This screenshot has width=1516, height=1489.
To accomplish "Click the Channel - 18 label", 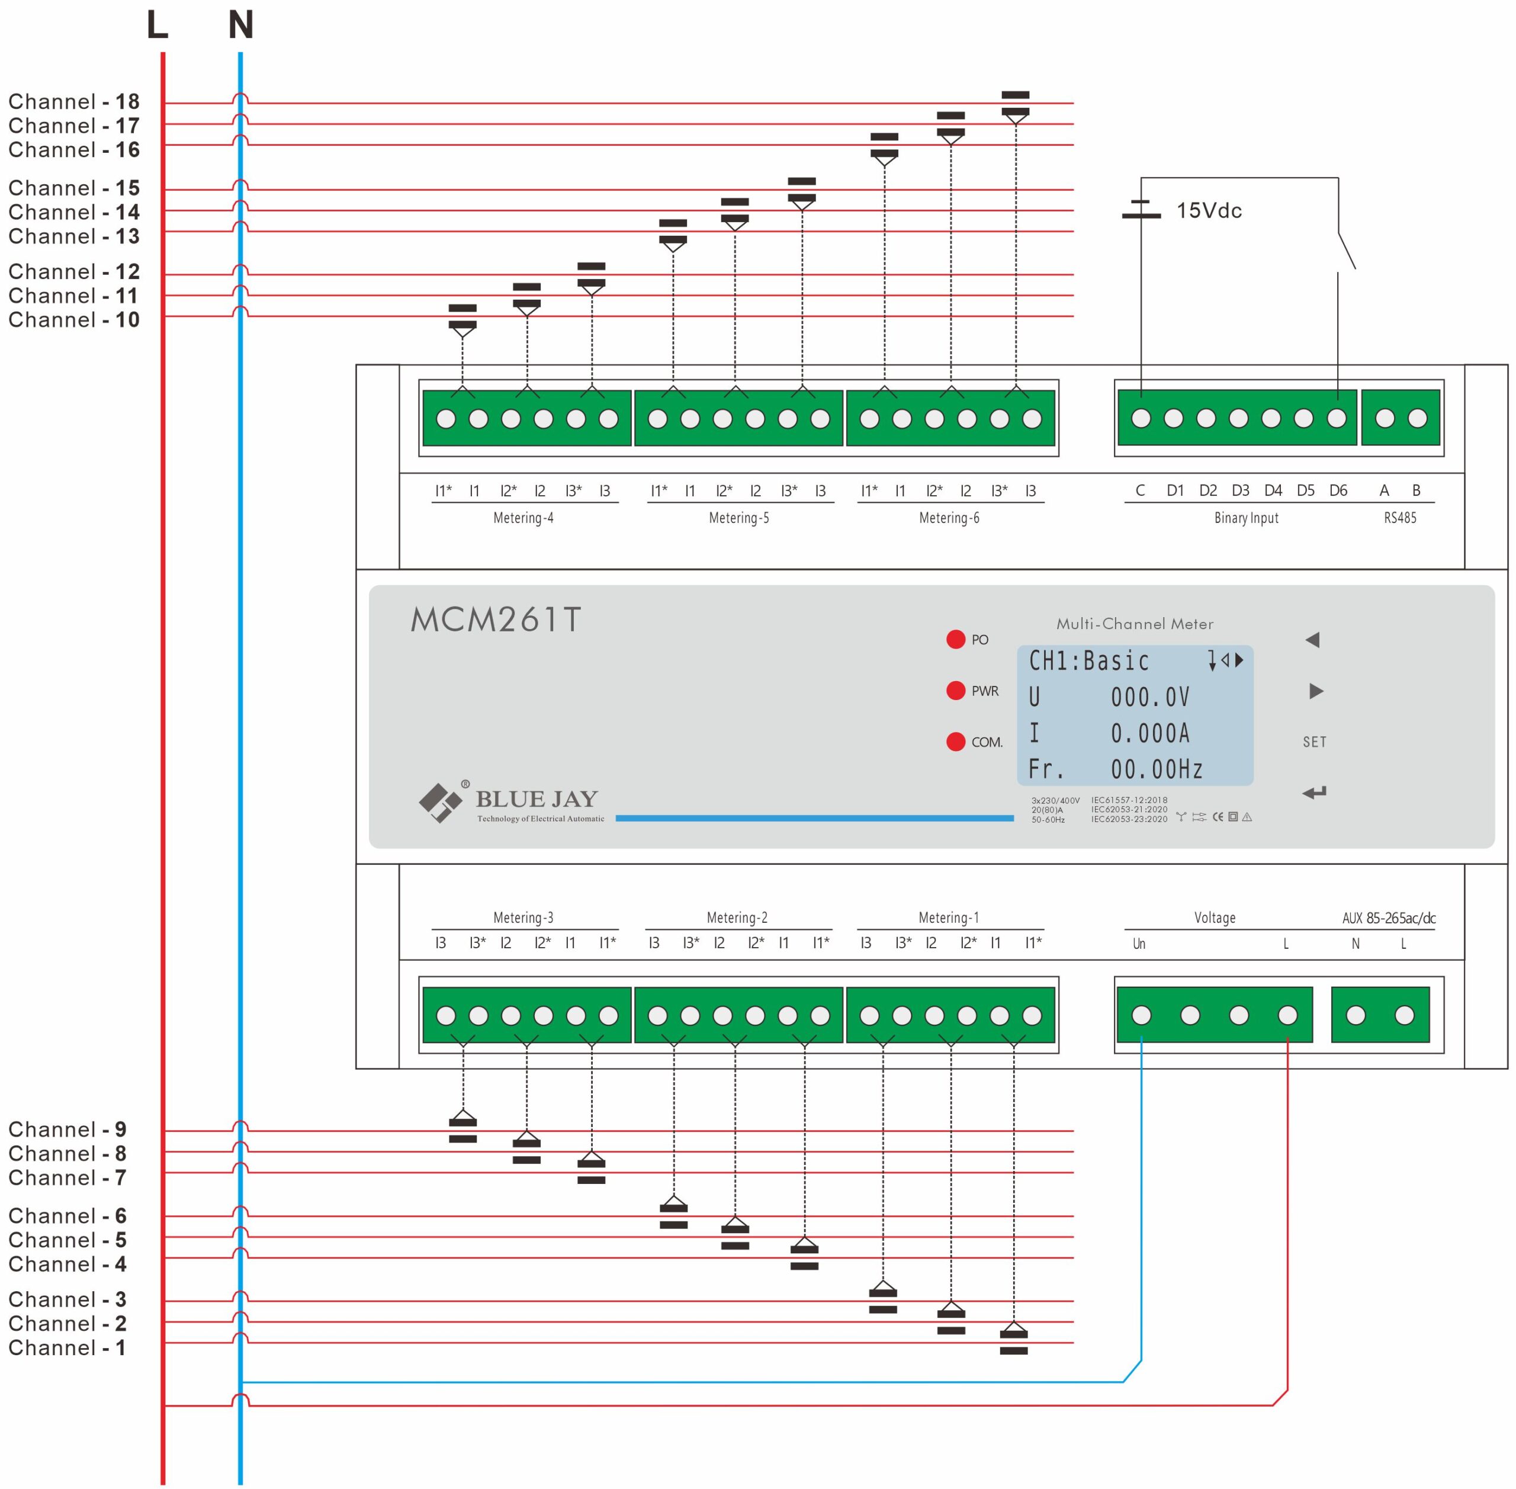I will click(73, 102).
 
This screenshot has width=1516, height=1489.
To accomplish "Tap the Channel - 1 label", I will click(66, 1347).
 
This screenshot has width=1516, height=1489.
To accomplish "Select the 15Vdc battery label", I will click(1209, 210).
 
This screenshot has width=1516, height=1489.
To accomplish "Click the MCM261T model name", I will click(496, 620).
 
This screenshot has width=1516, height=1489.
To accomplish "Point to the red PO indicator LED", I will click(955, 640).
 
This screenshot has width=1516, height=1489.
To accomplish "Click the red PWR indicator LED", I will click(955, 691).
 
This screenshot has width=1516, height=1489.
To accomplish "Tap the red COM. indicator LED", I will click(955, 742).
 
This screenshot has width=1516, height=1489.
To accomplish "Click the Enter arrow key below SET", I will click(1314, 793).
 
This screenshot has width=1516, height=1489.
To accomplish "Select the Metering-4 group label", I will click(523, 518).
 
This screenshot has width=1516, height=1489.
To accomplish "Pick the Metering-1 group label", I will click(948, 917).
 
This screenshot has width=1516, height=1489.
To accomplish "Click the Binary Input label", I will click(1247, 518).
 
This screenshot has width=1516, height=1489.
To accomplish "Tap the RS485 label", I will click(1399, 518).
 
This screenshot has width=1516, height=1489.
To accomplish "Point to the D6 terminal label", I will click(1338, 490).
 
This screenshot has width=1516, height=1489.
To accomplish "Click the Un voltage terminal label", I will click(1139, 944).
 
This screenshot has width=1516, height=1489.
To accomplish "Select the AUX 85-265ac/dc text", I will click(1389, 918).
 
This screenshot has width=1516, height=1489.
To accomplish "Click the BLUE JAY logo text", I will click(537, 798).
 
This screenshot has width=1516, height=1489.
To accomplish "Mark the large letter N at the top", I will click(241, 25).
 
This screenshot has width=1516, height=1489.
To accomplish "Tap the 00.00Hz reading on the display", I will click(1157, 769).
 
